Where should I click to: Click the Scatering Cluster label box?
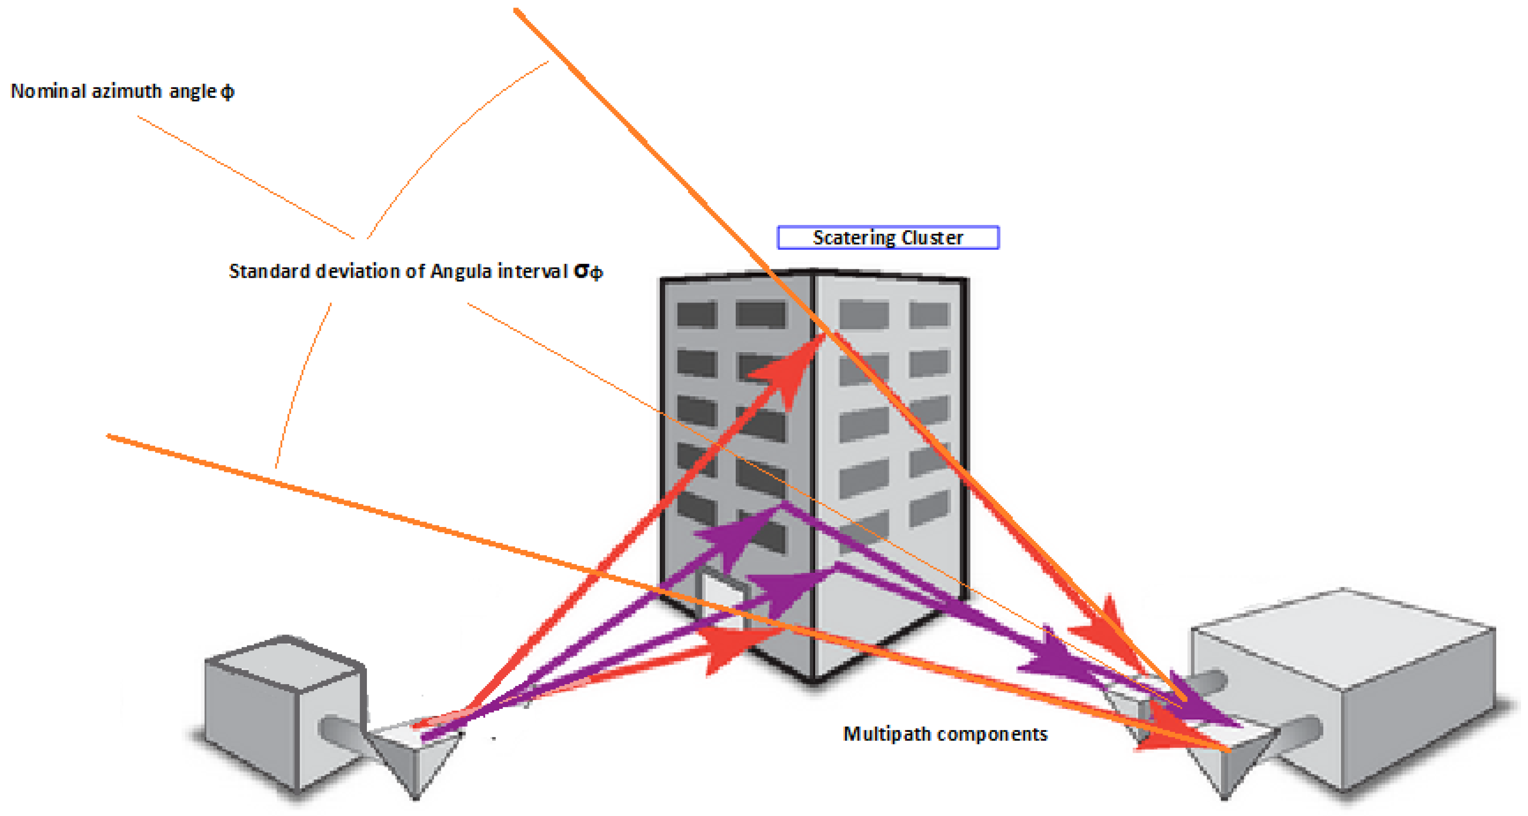click(x=888, y=238)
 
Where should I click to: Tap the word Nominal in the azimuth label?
click(x=48, y=91)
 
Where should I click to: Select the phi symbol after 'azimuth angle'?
click(x=227, y=92)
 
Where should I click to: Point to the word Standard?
click(x=270, y=271)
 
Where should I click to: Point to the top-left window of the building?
click(x=697, y=315)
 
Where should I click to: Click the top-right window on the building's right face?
click(x=930, y=315)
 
